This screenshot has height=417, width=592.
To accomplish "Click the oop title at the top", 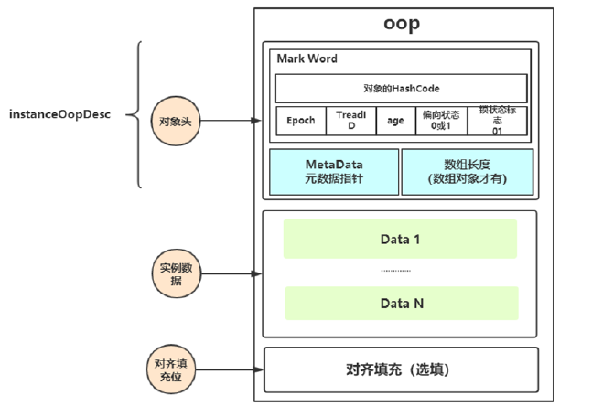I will [401, 24].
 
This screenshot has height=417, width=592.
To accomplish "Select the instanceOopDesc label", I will [59, 116].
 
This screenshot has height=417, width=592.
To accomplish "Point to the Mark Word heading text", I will [307, 59].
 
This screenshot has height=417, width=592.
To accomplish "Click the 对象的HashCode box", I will [401, 89].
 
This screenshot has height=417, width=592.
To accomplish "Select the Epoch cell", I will [300, 121].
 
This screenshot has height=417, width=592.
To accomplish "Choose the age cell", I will [395, 121].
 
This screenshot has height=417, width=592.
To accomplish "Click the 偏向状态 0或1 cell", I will [443, 121].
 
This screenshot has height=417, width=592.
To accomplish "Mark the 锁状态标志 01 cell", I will [497, 121].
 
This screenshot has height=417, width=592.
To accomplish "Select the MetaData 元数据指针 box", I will [334, 172].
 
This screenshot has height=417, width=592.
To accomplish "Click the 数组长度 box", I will [468, 172].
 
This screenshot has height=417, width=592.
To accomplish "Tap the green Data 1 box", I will [400, 239].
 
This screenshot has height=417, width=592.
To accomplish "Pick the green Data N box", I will [400, 303].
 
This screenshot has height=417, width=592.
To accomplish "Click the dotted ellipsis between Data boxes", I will [395, 272].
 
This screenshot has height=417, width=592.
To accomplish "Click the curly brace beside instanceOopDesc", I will [140, 115].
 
